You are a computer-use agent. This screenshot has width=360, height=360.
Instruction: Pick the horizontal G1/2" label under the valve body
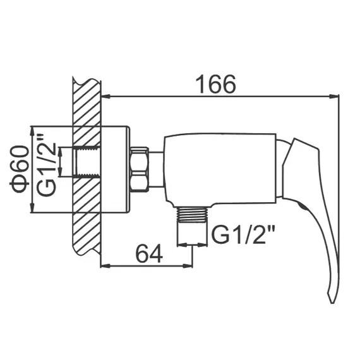pyautogui.click(x=243, y=236)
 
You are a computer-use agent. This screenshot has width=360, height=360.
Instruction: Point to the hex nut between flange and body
pyautogui.click(x=140, y=169)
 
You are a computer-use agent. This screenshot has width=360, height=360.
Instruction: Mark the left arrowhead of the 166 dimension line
pyautogui.click(x=105, y=97)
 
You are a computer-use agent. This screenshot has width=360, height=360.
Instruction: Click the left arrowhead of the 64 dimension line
pyautogui.click(x=105, y=266)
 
